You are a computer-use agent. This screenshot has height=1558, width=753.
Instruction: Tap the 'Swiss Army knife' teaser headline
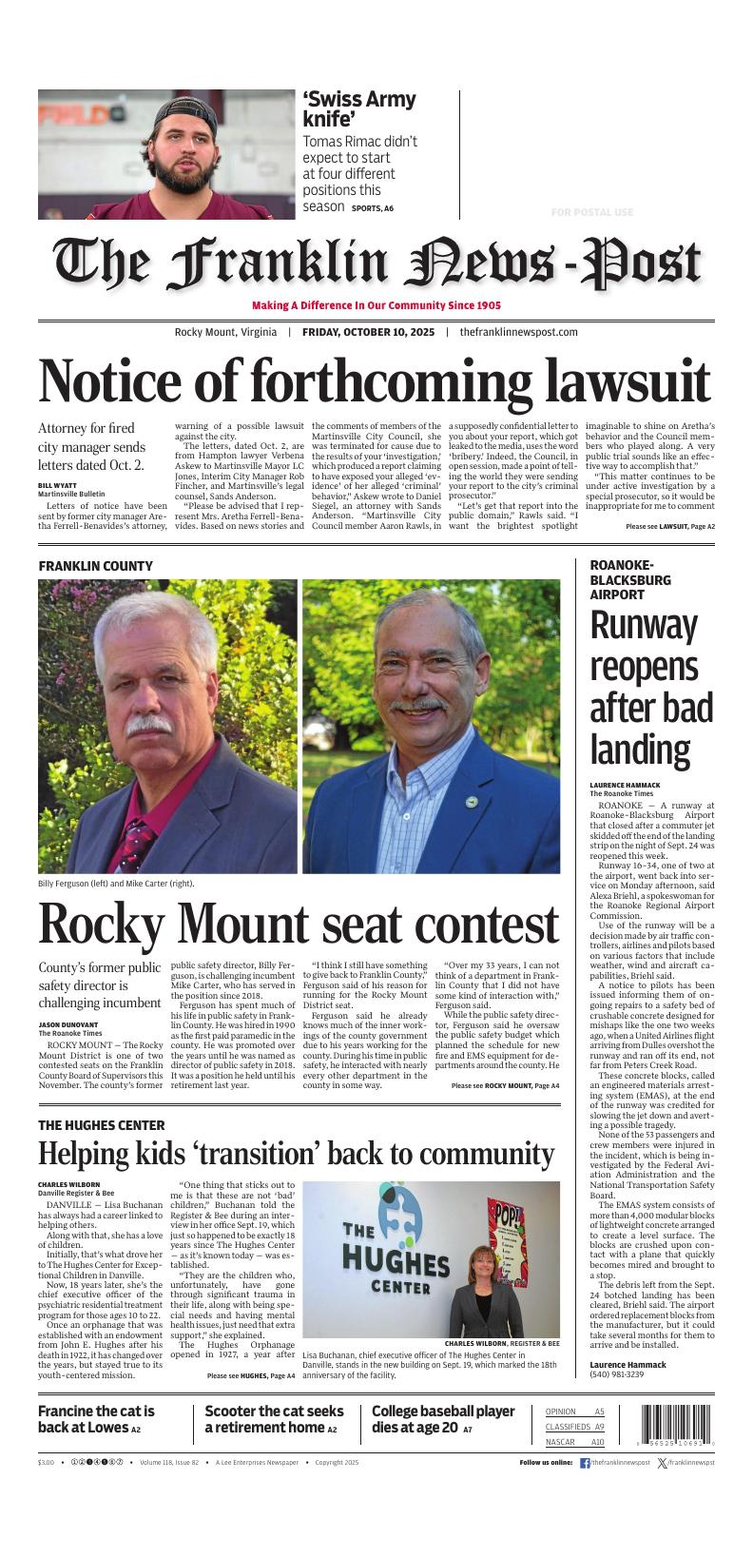(x=358, y=109)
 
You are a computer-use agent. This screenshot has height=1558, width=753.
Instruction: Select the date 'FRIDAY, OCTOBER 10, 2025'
(x=368, y=332)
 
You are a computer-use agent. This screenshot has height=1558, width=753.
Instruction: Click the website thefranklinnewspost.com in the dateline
(x=518, y=332)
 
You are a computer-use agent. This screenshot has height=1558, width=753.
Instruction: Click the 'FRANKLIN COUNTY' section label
(x=95, y=566)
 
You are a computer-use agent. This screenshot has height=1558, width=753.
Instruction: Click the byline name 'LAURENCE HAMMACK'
(x=625, y=785)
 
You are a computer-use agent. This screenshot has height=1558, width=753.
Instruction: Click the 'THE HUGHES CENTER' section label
(x=101, y=1124)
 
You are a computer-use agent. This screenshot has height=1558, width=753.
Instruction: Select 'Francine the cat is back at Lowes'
(x=96, y=1419)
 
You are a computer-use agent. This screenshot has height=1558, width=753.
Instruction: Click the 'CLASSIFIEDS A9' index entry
(x=574, y=1427)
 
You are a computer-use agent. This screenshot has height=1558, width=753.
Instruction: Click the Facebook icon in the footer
(x=585, y=1462)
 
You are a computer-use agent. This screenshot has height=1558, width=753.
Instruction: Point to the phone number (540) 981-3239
(x=616, y=1373)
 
